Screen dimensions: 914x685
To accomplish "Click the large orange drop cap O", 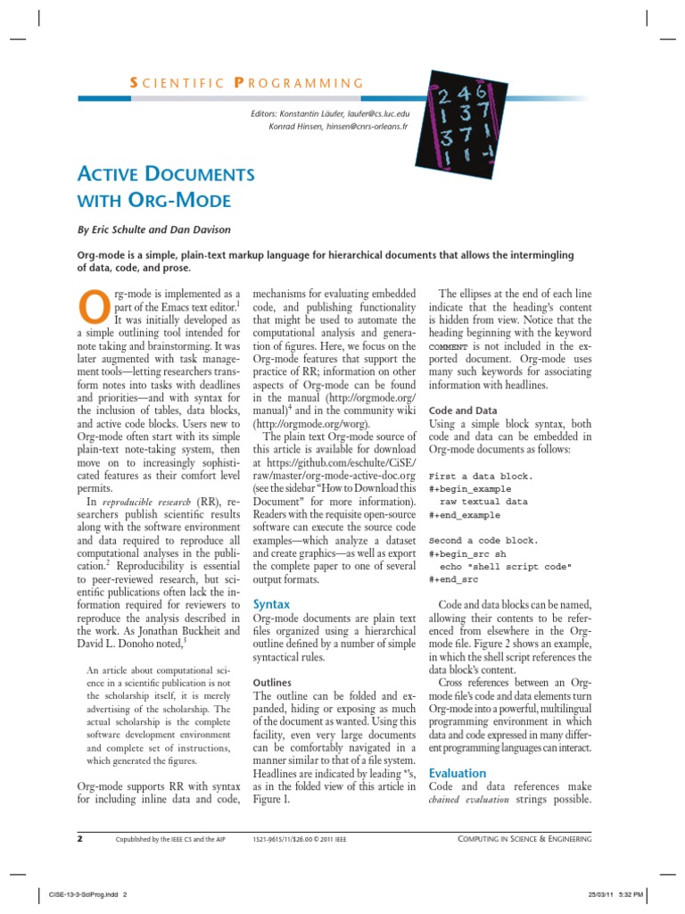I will coord(95,306).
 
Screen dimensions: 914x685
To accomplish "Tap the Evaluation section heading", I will coord(458,773).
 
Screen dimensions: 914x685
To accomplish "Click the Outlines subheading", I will coord(273,681).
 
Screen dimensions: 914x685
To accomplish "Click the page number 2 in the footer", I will coord(79,839).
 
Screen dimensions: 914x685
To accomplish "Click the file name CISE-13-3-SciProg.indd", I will coord(78,895).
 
